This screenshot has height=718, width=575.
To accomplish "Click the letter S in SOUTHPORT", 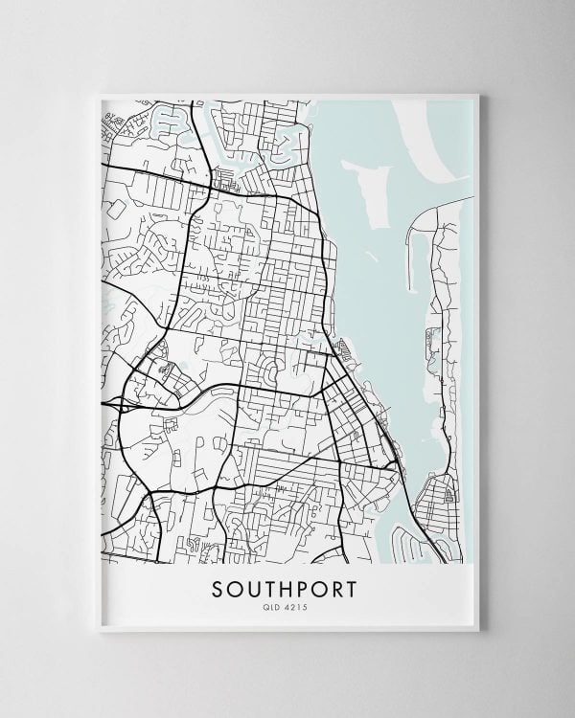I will point(214,585).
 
